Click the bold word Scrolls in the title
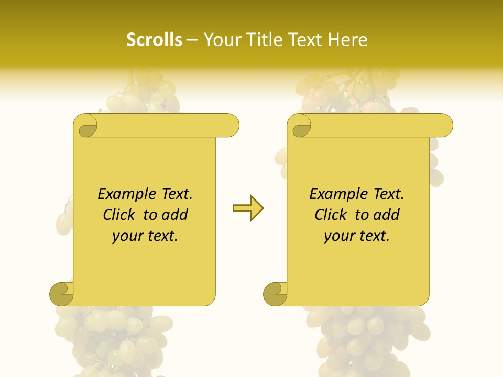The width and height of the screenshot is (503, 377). click(155, 40)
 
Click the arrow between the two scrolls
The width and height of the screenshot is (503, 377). click(248, 208)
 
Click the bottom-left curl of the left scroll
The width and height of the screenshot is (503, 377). click(61, 294)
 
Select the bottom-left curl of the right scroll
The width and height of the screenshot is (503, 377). click(275, 294)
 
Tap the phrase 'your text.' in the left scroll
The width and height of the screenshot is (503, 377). click(145, 236)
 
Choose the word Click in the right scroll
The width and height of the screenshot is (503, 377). click(332, 215)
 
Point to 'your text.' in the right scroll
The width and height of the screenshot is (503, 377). click(357, 236)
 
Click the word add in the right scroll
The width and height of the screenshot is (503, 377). click(387, 215)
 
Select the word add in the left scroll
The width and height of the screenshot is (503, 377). click(175, 215)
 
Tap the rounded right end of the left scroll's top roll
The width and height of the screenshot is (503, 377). click(231, 125)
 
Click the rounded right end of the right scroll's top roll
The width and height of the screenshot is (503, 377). click(445, 125)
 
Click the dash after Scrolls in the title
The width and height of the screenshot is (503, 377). click(192, 40)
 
